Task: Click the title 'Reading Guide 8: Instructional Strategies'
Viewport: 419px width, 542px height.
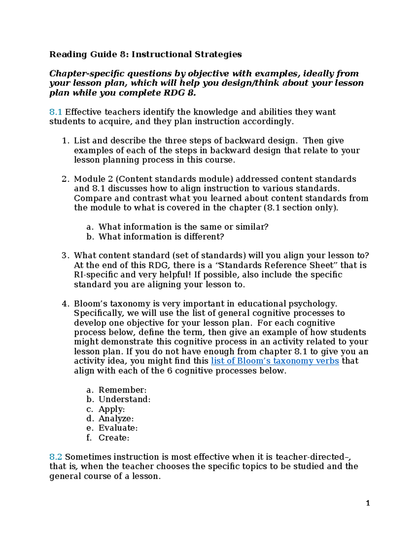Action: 145,54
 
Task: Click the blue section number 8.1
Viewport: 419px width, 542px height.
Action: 56,112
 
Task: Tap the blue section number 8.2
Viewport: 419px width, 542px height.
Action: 56,457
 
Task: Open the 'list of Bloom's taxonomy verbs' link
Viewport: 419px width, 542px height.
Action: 275,361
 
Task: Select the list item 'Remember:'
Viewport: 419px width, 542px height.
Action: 123,390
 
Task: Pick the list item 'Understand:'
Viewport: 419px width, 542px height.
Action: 124,399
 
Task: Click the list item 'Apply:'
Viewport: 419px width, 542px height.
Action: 111,409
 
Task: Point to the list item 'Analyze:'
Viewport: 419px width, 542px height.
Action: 116,418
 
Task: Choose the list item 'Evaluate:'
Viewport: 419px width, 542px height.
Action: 118,428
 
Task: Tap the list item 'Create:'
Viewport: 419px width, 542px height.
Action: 114,438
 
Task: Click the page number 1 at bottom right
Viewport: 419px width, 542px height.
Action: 368,503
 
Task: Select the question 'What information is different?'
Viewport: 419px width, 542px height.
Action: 161,237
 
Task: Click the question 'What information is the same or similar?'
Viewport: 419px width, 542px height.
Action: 183,227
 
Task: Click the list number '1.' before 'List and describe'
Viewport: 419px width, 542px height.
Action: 65,141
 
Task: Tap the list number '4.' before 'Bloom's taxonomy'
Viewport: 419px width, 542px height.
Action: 65,304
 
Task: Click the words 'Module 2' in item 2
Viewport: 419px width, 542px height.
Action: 93,179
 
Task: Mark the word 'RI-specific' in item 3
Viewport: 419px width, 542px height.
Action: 96,275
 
